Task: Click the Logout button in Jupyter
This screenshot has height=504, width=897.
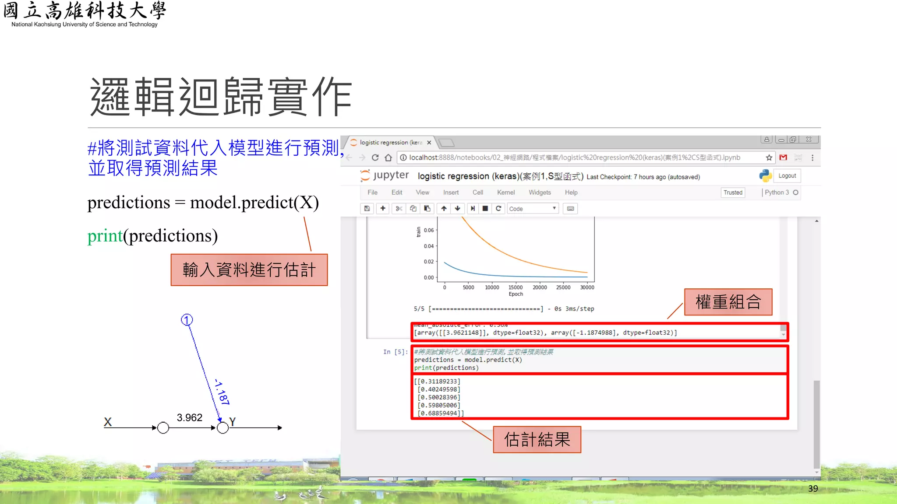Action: [x=787, y=176]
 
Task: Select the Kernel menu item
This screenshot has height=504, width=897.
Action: [x=506, y=192]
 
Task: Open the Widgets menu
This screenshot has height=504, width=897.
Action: [x=540, y=192]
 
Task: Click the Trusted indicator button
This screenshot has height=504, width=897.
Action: [x=733, y=192]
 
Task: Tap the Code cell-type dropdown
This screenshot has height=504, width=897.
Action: [x=533, y=209]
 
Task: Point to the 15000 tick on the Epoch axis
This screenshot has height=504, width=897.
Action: [x=516, y=287]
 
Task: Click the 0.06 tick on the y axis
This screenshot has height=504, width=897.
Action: [x=429, y=230]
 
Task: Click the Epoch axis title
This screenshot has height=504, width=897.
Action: [x=516, y=294]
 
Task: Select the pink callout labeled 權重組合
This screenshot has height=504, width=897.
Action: [x=728, y=302]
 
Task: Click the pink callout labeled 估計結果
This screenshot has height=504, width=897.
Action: [x=537, y=439]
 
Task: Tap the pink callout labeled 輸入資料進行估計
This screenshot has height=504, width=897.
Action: [x=249, y=270]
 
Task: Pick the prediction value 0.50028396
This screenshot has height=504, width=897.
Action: [x=439, y=397]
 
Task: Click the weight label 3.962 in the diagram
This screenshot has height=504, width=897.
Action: [x=189, y=417]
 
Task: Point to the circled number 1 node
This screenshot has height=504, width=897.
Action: [x=187, y=320]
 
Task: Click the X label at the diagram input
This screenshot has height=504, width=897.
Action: [x=108, y=422]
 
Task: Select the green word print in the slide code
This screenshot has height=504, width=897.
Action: [x=105, y=236]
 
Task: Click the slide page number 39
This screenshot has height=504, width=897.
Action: [x=813, y=489]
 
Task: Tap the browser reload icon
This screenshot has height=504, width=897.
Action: [x=375, y=157]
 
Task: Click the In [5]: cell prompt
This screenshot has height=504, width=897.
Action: [x=395, y=352]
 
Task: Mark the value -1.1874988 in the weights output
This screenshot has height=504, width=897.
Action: [x=593, y=333]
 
